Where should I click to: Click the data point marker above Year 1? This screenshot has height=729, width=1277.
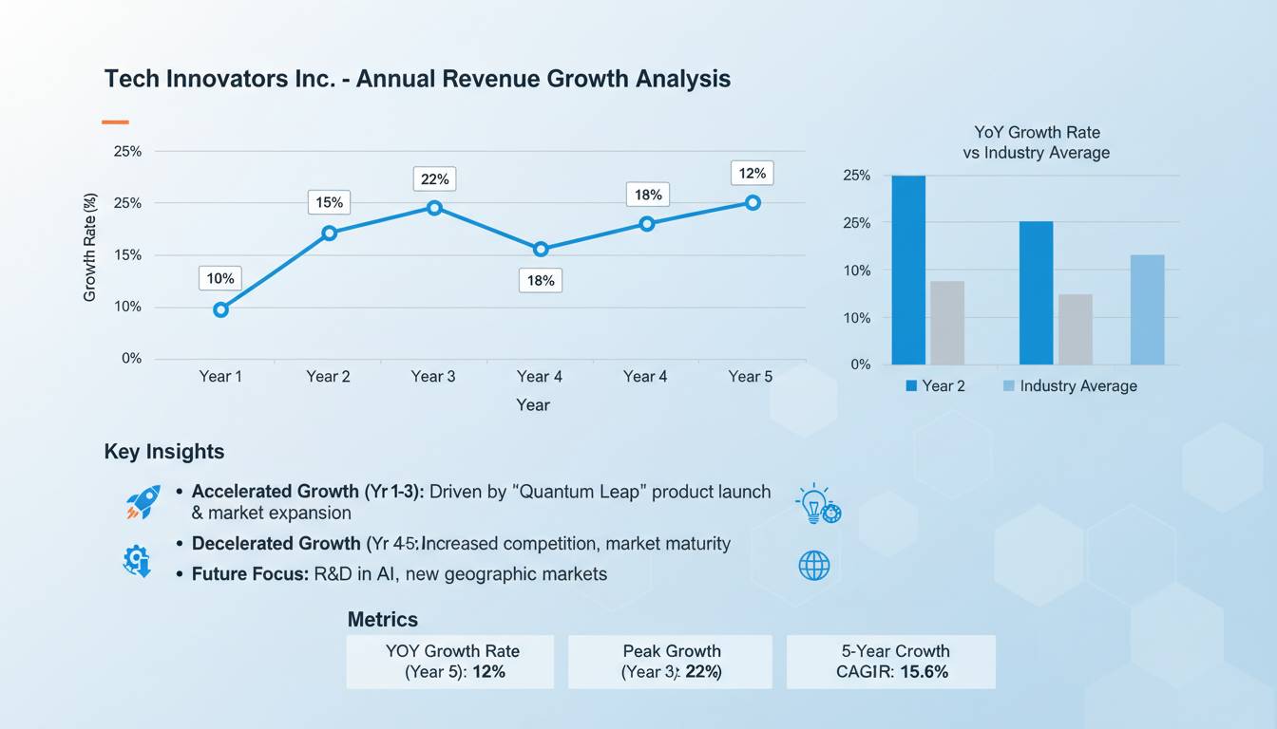(220, 309)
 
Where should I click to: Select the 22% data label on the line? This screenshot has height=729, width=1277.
(434, 178)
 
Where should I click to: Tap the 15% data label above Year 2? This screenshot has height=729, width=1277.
(329, 202)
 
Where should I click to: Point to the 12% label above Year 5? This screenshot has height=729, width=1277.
(752, 173)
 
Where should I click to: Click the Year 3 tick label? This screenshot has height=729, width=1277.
(433, 377)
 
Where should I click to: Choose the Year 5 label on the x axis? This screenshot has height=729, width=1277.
(751, 377)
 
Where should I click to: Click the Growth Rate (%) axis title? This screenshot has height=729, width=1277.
(90, 247)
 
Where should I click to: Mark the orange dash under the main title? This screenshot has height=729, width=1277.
(115, 121)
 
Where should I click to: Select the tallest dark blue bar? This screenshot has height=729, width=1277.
(908, 270)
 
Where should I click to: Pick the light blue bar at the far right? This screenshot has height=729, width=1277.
(1147, 309)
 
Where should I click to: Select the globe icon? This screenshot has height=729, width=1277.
(814, 566)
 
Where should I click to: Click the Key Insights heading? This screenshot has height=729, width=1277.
(164, 452)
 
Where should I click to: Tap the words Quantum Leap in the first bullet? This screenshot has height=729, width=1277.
(583, 492)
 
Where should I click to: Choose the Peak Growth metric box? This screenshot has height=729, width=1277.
(671, 662)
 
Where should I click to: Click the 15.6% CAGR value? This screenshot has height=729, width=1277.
(918, 672)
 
